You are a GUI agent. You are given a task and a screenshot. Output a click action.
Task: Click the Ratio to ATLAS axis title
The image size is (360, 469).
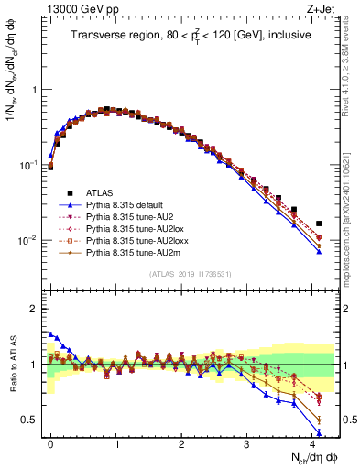click(x=12, y=365)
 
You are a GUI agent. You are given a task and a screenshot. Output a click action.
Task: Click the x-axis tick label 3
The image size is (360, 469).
click(x=246, y=441)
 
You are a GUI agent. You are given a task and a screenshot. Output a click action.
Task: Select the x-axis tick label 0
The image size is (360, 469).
click(x=50, y=441)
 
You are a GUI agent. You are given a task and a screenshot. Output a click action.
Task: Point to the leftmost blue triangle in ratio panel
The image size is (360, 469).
click(x=50, y=333)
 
